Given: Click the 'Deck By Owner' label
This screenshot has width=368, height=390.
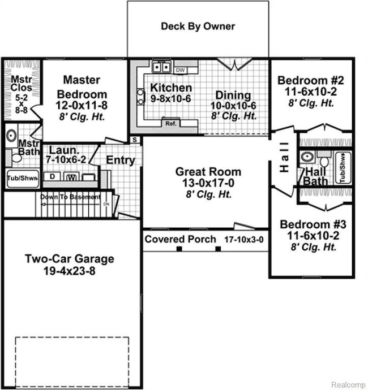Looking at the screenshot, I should click(x=198, y=26).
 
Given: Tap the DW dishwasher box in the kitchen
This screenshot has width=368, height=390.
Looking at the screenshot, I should click(x=180, y=70).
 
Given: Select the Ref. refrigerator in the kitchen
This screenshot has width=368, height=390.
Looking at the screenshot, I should click(x=170, y=123).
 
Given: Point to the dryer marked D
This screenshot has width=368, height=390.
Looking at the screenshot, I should click(x=53, y=176).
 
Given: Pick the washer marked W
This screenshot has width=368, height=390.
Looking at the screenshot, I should click(x=71, y=177).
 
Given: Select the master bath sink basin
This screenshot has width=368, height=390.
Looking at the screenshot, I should click(x=12, y=136).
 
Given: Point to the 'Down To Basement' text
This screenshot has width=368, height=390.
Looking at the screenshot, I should click(x=70, y=197).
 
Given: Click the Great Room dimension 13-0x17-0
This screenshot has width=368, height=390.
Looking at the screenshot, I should click(x=208, y=183).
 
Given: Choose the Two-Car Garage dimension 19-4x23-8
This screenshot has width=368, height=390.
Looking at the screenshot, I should click(x=69, y=272).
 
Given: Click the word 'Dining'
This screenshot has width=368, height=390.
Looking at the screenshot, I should click(x=233, y=95).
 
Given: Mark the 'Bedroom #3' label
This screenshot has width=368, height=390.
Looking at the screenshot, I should click(x=309, y=223).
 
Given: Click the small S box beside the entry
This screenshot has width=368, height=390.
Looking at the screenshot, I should click(x=135, y=139).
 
